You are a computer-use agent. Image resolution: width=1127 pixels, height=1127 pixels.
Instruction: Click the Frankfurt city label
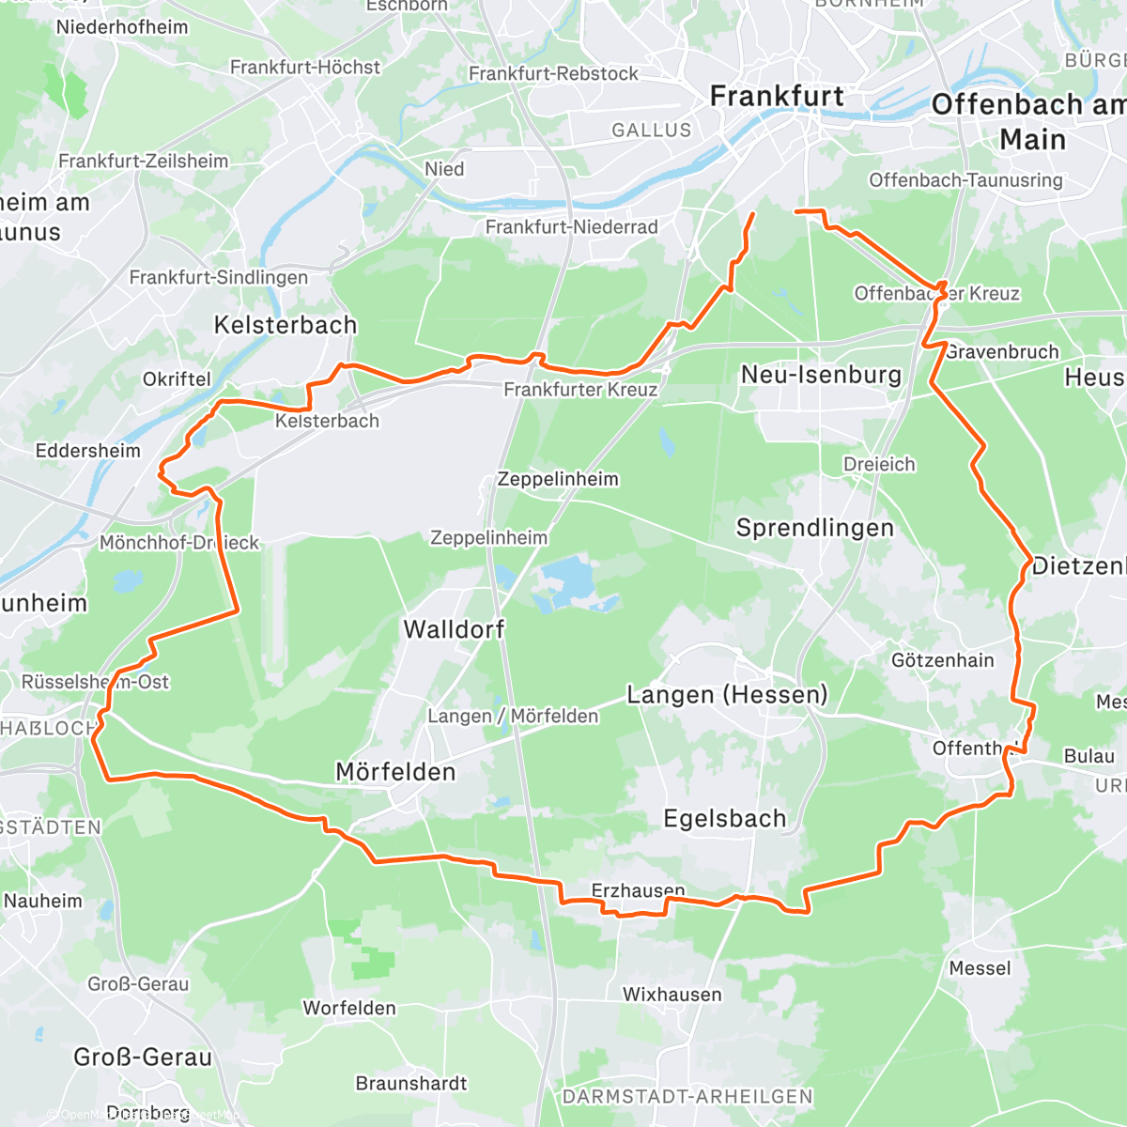pos(777,97)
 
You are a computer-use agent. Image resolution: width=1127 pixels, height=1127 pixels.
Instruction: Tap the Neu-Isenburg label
pos(821,376)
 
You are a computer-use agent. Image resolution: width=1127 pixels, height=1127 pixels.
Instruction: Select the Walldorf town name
pos(454,629)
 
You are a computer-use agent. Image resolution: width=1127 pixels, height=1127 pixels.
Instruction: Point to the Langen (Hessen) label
pos(727,695)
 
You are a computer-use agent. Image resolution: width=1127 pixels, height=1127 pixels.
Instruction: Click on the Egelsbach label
pos(724,819)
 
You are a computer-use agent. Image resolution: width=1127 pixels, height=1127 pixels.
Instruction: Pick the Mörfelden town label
pos(395,772)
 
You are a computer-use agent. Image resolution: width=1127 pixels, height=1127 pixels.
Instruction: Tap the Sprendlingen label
pos(814,528)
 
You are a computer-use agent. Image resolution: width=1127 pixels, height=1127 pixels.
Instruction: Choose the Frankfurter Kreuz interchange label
pos(580,390)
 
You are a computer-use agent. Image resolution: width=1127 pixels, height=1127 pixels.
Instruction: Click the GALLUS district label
pos(651,131)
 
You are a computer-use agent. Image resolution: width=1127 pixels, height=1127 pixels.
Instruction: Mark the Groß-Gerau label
pos(143,1058)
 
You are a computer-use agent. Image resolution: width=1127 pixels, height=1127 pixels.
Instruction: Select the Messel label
pos(980,968)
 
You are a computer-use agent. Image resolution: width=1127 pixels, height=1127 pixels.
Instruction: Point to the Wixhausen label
pos(672,995)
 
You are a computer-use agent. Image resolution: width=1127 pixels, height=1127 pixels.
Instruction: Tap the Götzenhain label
pos(942,660)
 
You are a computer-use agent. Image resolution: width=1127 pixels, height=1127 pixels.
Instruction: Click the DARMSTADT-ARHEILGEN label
pos(687,1097)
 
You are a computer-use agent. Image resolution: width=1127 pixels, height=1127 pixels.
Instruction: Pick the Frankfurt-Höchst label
pos(305,68)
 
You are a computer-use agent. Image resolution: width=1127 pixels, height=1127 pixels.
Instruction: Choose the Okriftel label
pos(177,379)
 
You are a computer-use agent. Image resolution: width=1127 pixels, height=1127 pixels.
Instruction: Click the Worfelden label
pos(348,1009)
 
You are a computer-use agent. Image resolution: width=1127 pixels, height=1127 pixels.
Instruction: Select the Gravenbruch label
pos(1001,352)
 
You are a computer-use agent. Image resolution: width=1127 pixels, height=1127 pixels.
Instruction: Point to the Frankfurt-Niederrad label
pos(571,227)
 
